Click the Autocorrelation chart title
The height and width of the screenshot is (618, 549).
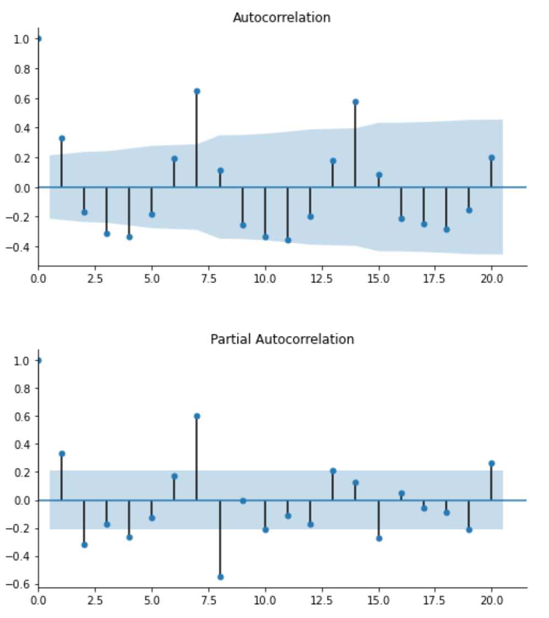(x=281, y=18)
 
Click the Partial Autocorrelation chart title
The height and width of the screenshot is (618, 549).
(x=282, y=339)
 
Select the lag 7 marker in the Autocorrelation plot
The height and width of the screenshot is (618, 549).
(x=197, y=91)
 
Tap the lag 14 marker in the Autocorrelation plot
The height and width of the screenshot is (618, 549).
(x=356, y=102)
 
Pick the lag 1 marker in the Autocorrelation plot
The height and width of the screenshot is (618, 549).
(x=62, y=138)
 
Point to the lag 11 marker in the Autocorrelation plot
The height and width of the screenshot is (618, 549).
(x=288, y=240)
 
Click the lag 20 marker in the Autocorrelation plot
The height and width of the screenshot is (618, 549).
(x=491, y=158)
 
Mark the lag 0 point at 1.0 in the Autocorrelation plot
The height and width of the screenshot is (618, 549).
(x=39, y=39)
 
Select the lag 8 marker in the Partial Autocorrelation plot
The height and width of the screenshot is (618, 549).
(x=220, y=577)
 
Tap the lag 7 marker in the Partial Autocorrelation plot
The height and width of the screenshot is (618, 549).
(x=197, y=416)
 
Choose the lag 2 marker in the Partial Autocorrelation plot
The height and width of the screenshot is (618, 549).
(x=84, y=545)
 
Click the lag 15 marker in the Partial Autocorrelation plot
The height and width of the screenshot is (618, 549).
(x=379, y=538)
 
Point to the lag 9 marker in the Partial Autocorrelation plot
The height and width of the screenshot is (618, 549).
(x=243, y=500)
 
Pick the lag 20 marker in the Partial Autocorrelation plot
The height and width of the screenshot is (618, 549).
(x=491, y=464)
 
